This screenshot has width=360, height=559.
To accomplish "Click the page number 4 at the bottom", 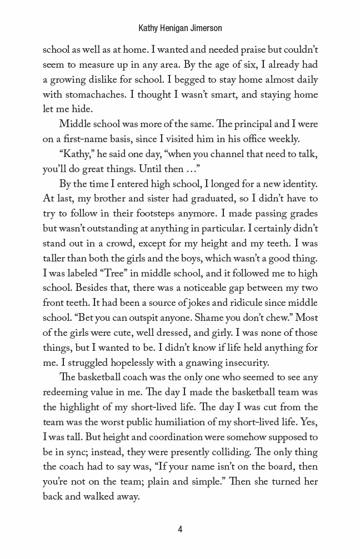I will tap(180, 529).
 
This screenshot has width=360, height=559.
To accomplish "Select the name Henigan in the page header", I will tap(172, 27).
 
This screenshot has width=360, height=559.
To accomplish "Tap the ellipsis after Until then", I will tap(188, 167).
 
